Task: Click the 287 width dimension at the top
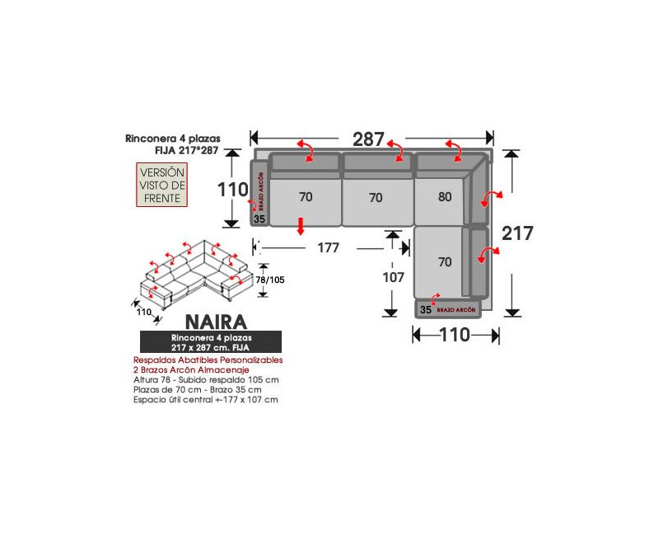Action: pyautogui.click(x=368, y=139)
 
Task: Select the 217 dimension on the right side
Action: pyautogui.click(x=517, y=233)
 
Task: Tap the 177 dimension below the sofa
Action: pyautogui.click(x=329, y=248)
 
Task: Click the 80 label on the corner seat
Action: pyautogui.click(x=446, y=197)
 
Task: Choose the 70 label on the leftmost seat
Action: pyautogui.click(x=306, y=197)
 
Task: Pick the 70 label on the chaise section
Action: pyautogui.click(x=445, y=262)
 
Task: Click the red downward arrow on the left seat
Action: pyautogui.click(x=301, y=225)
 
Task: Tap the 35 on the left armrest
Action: pyautogui.click(x=259, y=219)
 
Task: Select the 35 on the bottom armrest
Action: pyautogui.click(x=425, y=310)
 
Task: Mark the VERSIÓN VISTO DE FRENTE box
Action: pyautogui.click(x=162, y=185)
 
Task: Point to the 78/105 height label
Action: pyautogui.click(x=270, y=280)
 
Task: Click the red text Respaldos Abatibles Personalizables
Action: pyautogui.click(x=208, y=360)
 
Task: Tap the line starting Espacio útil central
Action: pyautogui.click(x=205, y=399)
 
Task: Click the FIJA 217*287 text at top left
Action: pyautogui.click(x=187, y=151)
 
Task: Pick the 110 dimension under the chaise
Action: pyautogui.click(x=454, y=335)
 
